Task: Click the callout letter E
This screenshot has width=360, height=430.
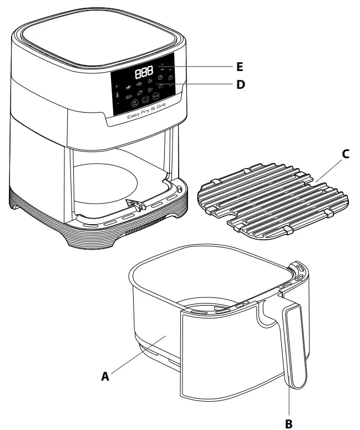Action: pyautogui.click(x=239, y=67)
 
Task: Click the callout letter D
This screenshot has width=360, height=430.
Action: pyautogui.click(x=240, y=85)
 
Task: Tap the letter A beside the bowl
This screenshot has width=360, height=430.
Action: pyautogui.click(x=105, y=376)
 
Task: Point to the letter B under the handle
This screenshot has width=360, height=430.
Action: pyautogui.click(x=288, y=423)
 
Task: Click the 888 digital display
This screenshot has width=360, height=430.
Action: pyautogui.click(x=144, y=72)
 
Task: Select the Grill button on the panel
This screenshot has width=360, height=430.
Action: pyautogui.click(x=156, y=97)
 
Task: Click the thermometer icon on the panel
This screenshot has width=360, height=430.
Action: pyautogui.click(x=117, y=95)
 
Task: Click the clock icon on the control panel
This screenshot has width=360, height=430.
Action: pyautogui.click(x=171, y=77)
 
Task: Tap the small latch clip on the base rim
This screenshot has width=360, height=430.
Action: pyautogui.click(x=132, y=205)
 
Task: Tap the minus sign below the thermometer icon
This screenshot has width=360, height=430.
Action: pyautogui.click(x=118, y=104)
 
